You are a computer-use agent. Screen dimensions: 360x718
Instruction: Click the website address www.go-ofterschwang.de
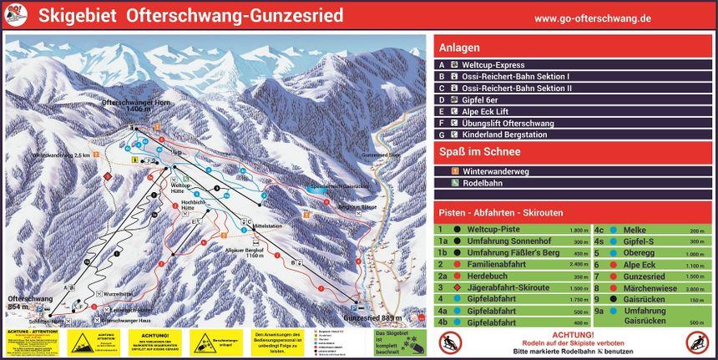593,18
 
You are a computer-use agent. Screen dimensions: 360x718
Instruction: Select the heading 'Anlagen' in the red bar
459,47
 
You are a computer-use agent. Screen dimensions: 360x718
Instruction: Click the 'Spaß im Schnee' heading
479,151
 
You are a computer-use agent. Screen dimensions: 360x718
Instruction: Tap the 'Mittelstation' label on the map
270,226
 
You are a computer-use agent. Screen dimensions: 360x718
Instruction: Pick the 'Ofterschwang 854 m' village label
31,302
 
